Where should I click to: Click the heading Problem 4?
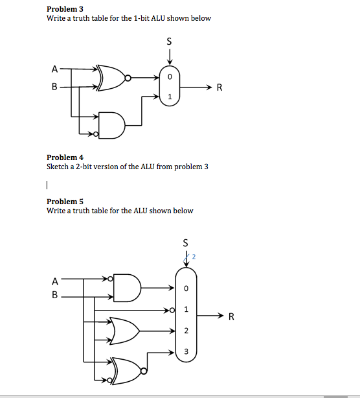(65, 158)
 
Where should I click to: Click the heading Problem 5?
(65, 202)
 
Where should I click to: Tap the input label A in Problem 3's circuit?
(54, 69)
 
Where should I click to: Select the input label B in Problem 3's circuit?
(54, 86)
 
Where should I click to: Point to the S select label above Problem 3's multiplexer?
(169, 41)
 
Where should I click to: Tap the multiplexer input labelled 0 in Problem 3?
(170, 77)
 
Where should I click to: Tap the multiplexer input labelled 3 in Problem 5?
(186, 351)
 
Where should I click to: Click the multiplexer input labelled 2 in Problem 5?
(186, 331)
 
